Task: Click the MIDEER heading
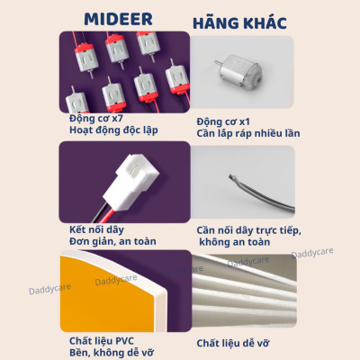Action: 124,19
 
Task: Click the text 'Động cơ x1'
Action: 225,121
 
